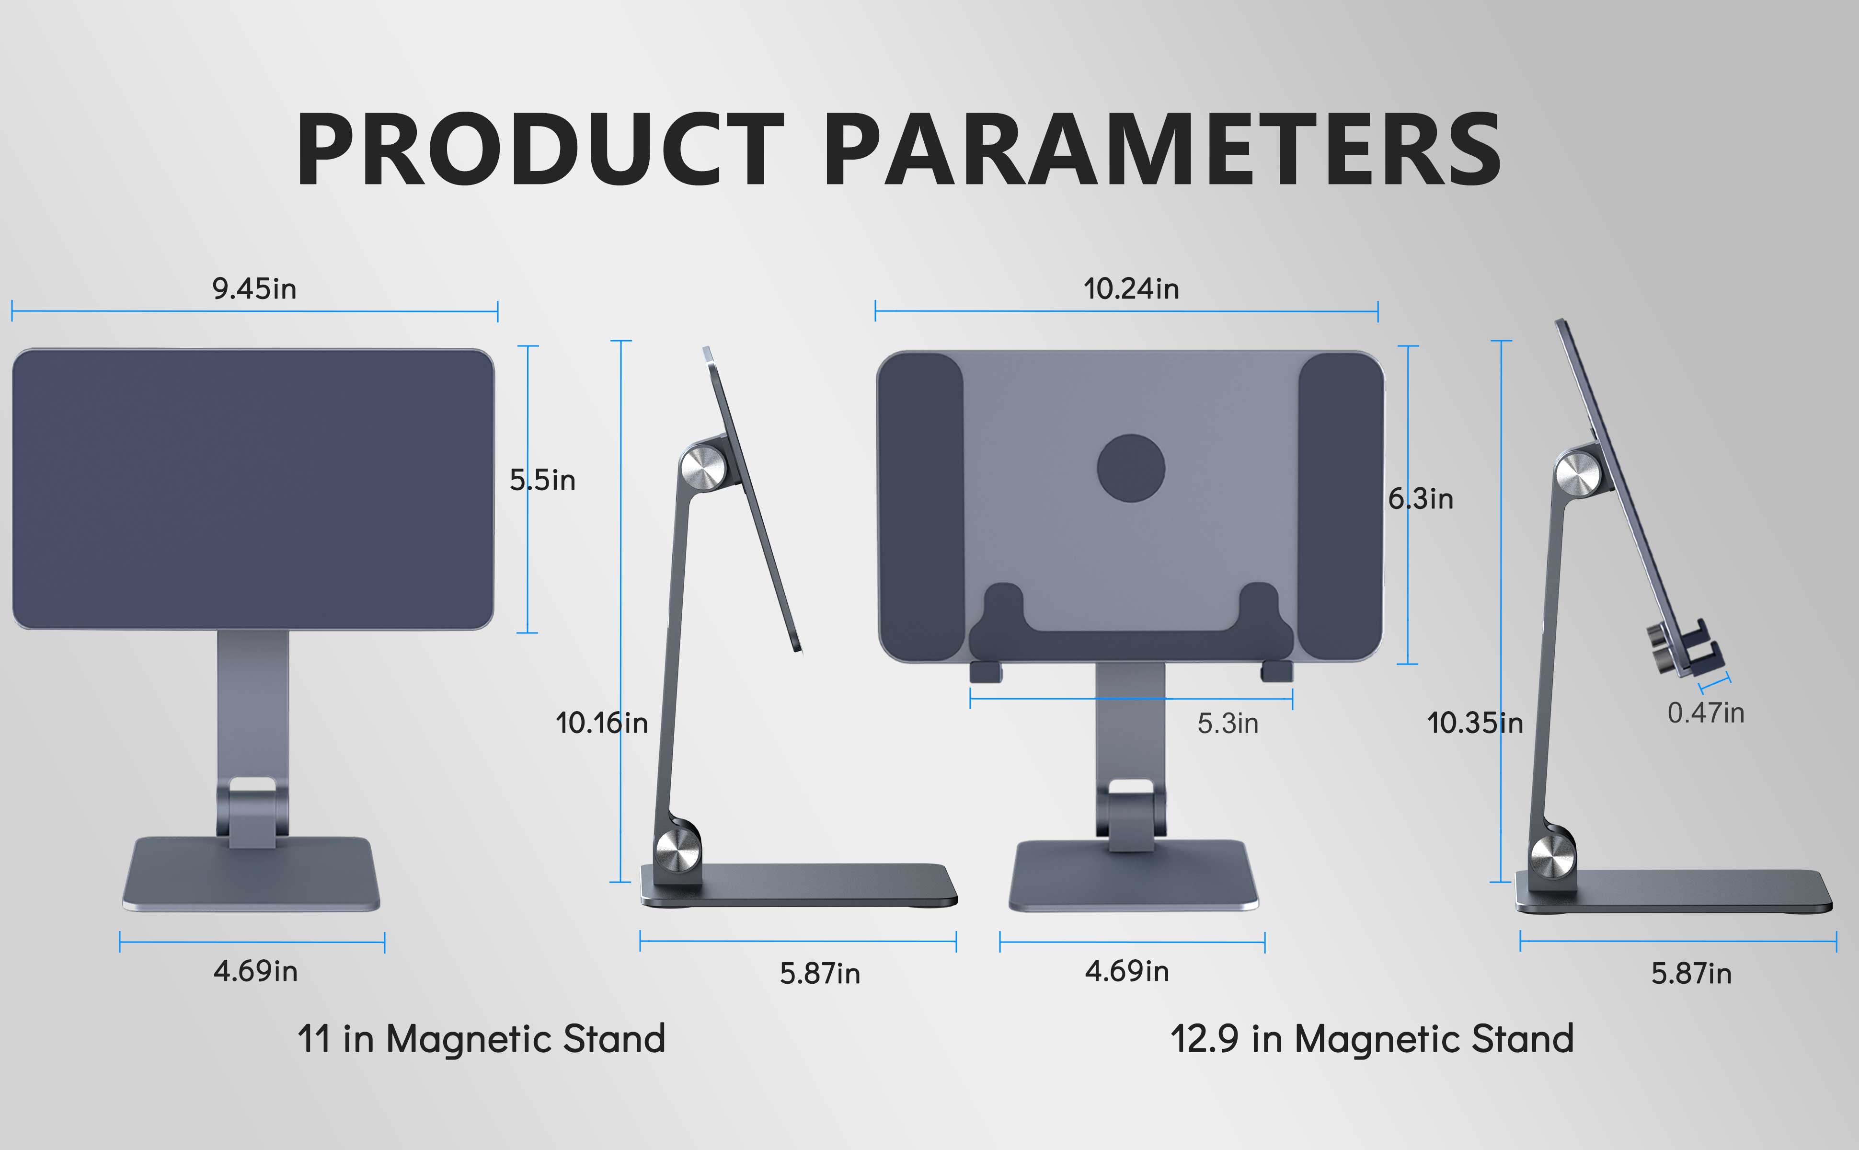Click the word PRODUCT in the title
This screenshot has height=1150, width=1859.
tap(540, 149)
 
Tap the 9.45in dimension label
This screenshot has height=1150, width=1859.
tap(254, 289)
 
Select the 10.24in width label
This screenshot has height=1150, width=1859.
tap(1131, 289)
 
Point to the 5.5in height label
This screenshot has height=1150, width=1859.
tap(542, 480)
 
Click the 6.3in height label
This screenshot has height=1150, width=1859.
tap(1420, 499)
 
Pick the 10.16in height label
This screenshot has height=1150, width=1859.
tap(601, 723)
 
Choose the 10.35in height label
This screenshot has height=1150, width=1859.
tap(1475, 723)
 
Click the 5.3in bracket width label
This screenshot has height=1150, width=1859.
tap(1228, 724)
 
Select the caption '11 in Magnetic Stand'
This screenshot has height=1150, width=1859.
tap(482, 1039)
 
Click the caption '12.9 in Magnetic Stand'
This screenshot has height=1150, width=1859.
tap(1372, 1039)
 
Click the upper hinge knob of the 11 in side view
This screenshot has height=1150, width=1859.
tap(702, 469)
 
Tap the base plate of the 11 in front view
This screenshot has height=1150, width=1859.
tap(251, 874)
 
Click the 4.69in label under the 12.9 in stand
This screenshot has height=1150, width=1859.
tap(1127, 971)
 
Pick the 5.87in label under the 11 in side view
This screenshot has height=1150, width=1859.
tap(820, 974)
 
